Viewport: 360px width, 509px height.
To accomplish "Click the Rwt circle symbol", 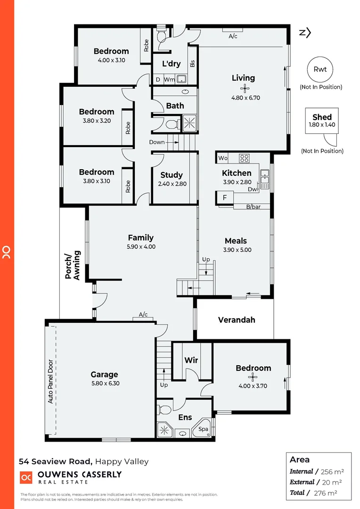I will pyautogui.click(x=320, y=69).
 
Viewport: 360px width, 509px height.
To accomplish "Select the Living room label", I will pyautogui.click(x=243, y=78).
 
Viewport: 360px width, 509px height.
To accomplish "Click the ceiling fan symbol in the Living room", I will pyautogui.click(x=244, y=88).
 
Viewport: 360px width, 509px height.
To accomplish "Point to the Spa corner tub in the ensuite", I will pyautogui.click(x=203, y=428).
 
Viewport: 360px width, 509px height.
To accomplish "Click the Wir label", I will pyautogui.click(x=191, y=361).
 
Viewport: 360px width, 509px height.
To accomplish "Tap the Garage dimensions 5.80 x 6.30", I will pyautogui.click(x=104, y=384).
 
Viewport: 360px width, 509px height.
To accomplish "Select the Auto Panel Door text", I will pyautogui.click(x=50, y=382).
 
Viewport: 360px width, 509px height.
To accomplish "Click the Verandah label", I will pyautogui.click(x=237, y=320).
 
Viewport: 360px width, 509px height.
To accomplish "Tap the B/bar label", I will pyautogui.click(x=253, y=206).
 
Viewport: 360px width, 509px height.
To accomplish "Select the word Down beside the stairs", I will pyautogui.click(x=157, y=142).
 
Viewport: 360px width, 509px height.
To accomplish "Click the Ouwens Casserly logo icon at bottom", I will pyautogui.click(x=25, y=477).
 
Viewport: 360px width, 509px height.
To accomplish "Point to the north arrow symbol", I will pyautogui.click(x=305, y=33).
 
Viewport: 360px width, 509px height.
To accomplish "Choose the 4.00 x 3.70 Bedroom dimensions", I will pyautogui.click(x=253, y=386).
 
